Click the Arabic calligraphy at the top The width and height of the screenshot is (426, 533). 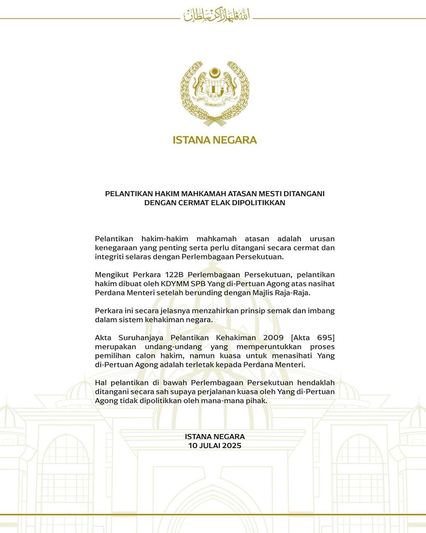pos(218,15)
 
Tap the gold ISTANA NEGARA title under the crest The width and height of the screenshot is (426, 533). pos(215,140)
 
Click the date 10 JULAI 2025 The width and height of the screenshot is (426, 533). pos(215,446)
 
